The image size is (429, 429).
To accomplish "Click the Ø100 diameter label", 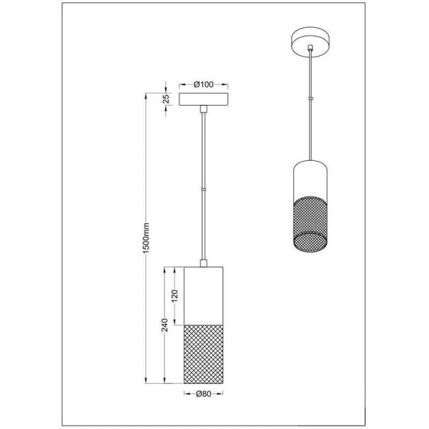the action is [204, 84].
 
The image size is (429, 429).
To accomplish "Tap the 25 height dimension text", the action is [167, 99].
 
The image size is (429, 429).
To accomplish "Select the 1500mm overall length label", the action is [146, 238].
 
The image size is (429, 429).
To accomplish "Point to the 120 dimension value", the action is [174, 296].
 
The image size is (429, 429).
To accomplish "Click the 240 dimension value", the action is [164, 325].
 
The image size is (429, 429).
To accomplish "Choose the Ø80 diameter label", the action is [204, 394].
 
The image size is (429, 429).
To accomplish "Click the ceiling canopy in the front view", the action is [204, 99].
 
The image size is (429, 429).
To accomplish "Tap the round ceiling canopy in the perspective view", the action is [310, 42].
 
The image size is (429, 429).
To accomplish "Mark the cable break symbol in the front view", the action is [204, 189].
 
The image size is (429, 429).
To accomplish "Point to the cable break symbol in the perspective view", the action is [310, 99].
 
